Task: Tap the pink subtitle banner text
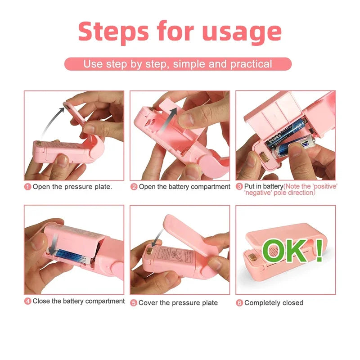coord(178,64)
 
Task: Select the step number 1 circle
coord(28,187)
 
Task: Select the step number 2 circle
coord(134,187)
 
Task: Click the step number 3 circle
coord(239,186)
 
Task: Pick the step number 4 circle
coord(28,301)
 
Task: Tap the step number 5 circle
coord(134,303)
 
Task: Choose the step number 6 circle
coord(239,303)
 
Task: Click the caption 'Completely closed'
coord(274,303)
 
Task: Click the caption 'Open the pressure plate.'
coord(72,187)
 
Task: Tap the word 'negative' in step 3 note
coord(259,193)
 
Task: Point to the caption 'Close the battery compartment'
coord(78,301)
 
